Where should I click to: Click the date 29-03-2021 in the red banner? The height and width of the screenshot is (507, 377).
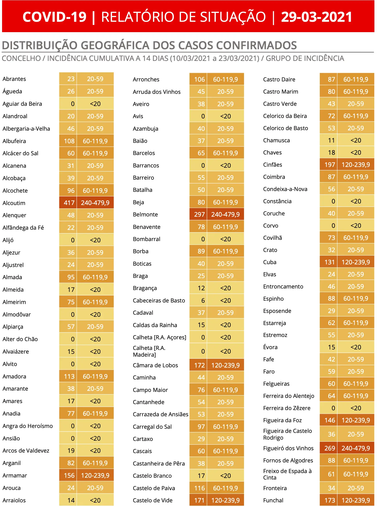point(316,17)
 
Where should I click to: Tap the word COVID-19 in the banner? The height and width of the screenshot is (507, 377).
point(54,17)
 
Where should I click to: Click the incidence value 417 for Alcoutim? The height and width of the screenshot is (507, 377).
point(69,203)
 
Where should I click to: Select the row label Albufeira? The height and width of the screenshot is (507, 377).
point(14,141)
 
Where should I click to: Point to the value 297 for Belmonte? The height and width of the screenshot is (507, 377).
point(199,214)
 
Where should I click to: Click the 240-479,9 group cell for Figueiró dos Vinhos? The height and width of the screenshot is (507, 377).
point(355,448)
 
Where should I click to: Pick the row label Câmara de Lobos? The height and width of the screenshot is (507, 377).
point(155,365)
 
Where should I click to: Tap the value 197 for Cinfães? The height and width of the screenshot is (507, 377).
point(330,165)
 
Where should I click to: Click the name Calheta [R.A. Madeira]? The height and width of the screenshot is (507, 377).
point(149,351)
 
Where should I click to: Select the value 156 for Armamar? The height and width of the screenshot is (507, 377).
point(69,475)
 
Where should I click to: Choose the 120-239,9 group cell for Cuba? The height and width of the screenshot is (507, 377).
point(355,262)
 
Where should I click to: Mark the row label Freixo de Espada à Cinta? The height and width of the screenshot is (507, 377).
point(287,474)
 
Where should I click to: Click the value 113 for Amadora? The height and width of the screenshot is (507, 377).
point(69,376)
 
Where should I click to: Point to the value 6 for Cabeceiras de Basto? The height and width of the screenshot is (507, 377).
point(203,300)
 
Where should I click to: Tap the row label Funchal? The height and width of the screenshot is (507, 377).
point(273,500)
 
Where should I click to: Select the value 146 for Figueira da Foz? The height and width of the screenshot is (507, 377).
point(330,420)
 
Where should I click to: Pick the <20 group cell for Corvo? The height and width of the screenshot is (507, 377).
point(355,226)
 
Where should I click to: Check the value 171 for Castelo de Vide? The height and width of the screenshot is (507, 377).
point(199,500)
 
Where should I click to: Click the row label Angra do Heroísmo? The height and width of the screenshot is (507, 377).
point(27,426)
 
